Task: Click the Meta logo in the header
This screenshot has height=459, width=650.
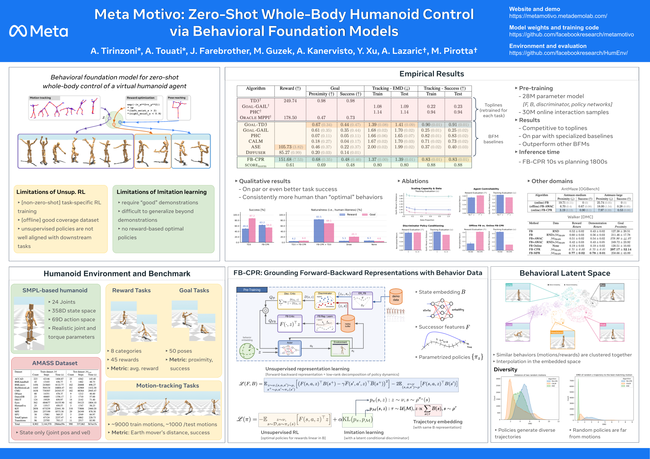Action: pyautogui.click(x=38, y=31)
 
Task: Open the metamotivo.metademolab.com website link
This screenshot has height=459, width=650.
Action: pyautogui.click(x=558, y=16)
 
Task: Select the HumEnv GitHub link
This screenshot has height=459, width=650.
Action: pyautogui.click(x=568, y=53)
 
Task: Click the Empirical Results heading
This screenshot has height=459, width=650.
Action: pyautogui.click(x=431, y=74)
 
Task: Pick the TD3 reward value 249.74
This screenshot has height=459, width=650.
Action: pyautogui.click(x=290, y=101)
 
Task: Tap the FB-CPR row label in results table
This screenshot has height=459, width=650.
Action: pyautogui.click(x=255, y=159)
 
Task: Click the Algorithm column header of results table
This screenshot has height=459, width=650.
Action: pyautogui.click(x=255, y=88)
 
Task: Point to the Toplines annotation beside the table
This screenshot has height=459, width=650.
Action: pyautogui.click(x=493, y=110)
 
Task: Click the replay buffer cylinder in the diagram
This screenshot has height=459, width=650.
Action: pyautogui.click(x=348, y=325)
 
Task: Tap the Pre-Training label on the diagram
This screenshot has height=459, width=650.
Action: pyautogui.click(x=252, y=290)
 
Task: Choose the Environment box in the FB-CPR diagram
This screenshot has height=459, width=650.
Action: pyautogui.click(x=340, y=349)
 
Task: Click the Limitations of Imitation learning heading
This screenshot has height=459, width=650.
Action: pyautogui.click(x=161, y=192)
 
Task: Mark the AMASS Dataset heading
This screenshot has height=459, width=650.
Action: pyautogui.click(x=55, y=363)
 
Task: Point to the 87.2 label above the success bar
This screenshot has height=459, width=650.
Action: pyautogui.click(x=252, y=216)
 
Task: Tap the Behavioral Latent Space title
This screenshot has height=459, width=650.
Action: pyautogui.click(x=564, y=273)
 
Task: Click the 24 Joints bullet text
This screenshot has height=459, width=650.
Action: pyautogui.click(x=63, y=302)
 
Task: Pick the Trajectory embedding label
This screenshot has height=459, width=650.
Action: pyautogui.click(x=437, y=422)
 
